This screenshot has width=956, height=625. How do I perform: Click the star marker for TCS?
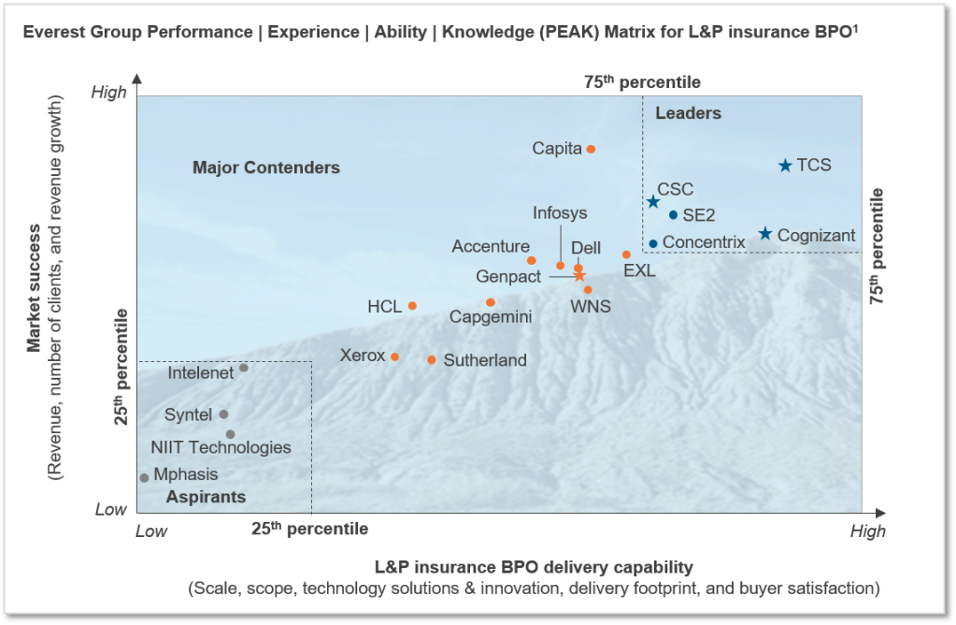pyautogui.click(x=785, y=166)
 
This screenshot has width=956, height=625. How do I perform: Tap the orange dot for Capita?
pyautogui.click(x=591, y=149)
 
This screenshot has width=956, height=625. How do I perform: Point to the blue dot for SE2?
pyautogui.click(x=673, y=215)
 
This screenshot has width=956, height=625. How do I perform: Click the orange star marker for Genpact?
pyautogui.click(x=579, y=275)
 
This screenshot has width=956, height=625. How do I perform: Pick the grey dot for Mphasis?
pyautogui.click(x=144, y=478)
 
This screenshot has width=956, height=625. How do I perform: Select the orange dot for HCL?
pyautogui.click(x=412, y=306)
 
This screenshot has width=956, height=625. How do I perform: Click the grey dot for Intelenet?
pyautogui.click(x=244, y=368)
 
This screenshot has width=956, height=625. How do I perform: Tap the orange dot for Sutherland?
pyautogui.click(x=432, y=359)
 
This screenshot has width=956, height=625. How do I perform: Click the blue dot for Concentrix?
pyautogui.click(x=653, y=243)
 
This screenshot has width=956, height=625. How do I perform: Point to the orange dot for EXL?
pyautogui.click(x=626, y=254)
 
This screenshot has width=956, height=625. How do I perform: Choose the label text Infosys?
pyautogui.click(x=560, y=212)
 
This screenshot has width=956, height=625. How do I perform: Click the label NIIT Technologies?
pyautogui.click(x=221, y=448)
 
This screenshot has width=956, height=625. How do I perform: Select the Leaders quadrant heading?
pyautogui.click(x=688, y=113)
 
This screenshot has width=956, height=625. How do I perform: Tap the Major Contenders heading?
pyautogui.click(x=266, y=168)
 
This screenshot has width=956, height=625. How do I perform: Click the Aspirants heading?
pyautogui.click(x=206, y=498)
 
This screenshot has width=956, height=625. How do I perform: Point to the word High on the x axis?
pyautogui.click(x=867, y=531)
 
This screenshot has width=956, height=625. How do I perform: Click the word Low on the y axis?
pyautogui.click(x=110, y=510)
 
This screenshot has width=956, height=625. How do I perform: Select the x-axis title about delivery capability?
pyautogui.click(x=534, y=567)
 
